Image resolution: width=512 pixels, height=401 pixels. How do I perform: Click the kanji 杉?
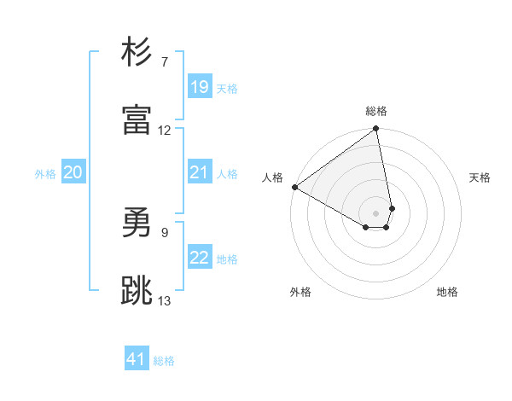pos(137,53)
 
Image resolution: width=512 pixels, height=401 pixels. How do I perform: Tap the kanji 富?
pos(137,119)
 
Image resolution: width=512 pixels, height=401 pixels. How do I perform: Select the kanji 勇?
pos(137,225)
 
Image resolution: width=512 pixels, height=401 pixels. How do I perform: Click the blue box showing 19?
pos(199,87)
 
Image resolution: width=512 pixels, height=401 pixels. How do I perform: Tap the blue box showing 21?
pos(199,172)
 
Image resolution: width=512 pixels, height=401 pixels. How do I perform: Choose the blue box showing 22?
pos(199,258)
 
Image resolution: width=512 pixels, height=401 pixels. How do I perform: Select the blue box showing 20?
pos(73,172)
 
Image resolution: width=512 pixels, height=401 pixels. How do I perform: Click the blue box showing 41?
pos(137,359)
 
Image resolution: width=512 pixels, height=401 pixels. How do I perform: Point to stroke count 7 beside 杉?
pos(165,62)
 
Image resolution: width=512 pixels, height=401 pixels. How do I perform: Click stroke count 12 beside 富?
pos(165,131)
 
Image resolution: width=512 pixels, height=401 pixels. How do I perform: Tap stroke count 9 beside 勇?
pos(165,232)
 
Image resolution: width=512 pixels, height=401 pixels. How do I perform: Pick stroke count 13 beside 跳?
pos(165,300)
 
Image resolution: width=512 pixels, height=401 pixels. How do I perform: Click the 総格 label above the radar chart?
pos(376,111)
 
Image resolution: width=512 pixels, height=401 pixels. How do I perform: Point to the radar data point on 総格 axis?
pos(376,130)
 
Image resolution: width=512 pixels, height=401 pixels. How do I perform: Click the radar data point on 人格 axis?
pos(294,187)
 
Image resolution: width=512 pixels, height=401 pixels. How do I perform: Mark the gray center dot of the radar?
pos(375,212)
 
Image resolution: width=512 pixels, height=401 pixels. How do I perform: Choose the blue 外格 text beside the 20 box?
pos(45,173)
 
